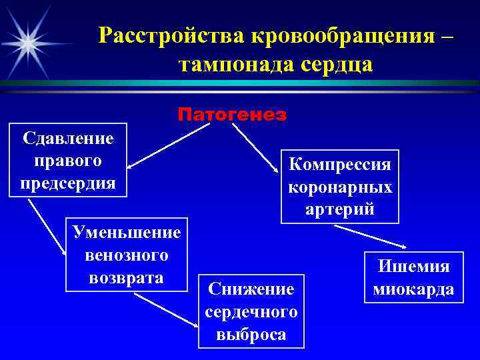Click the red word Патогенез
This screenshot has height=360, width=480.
click(232, 115)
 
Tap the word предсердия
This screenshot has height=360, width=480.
click(67, 182)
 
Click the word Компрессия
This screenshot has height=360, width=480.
click(340, 164)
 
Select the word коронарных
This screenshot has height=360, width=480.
click(340, 187)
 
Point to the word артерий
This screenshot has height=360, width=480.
click(340, 209)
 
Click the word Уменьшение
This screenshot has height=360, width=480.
click(127, 233)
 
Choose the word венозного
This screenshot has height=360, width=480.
click(127, 255)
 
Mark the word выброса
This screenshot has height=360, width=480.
click(251, 334)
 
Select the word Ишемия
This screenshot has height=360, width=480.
click(414, 267)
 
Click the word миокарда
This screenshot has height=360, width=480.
click(414, 289)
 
